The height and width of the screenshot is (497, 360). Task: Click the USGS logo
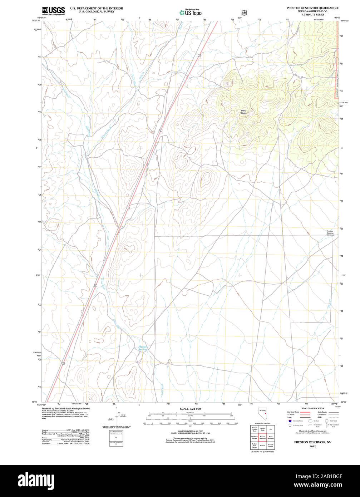click(x=53, y=11)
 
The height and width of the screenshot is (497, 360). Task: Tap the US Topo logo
click(x=190, y=13)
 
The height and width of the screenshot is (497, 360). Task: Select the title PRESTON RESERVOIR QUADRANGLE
click(x=312, y=8)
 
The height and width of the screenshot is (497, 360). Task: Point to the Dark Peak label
click(x=243, y=112)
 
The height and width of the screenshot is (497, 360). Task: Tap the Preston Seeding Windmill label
click(x=330, y=233)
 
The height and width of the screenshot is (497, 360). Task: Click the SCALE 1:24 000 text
click(x=190, y=409)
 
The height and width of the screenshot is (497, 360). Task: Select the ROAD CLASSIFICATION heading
click(x=312, y=408)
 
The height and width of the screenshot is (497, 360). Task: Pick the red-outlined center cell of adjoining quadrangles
click(x=262, y=437)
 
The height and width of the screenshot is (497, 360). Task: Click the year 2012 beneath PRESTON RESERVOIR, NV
click(x=312, y=447)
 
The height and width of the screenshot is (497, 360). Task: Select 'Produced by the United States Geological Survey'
click(x=66, y=408)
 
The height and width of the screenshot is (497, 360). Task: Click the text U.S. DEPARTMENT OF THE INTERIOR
click(x=96, y=8)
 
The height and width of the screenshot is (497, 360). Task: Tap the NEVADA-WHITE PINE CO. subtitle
click(x=312, y=11)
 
